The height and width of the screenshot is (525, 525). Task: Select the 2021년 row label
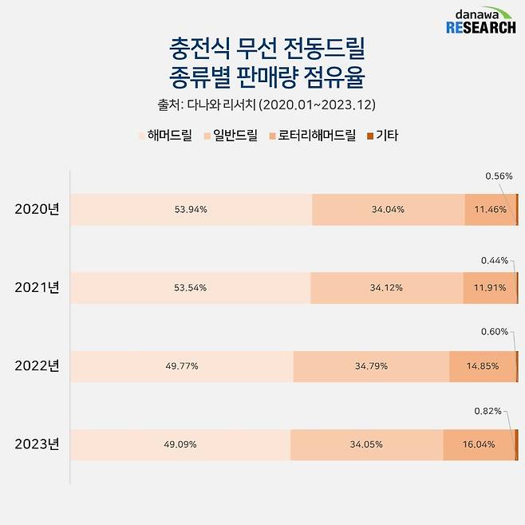tap(37, 287)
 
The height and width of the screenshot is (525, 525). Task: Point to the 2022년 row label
tap(37, 366)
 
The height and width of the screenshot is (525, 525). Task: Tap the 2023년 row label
tap(37, 444)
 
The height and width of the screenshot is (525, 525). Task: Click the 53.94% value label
tap(191, 210)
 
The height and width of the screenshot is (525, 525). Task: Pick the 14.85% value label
tap(484, 366)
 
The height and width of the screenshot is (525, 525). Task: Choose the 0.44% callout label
tap(494, 261)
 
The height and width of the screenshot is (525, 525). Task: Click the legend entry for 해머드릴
tap(164, 136)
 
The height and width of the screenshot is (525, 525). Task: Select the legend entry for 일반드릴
tap(230, 136)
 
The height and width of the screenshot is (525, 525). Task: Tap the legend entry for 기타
tap(384, 136)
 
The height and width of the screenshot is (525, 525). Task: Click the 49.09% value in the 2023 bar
tap(180, 444)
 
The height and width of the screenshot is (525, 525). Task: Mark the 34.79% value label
tap(371, 366)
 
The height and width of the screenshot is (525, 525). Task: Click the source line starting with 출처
tap(262, 105)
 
